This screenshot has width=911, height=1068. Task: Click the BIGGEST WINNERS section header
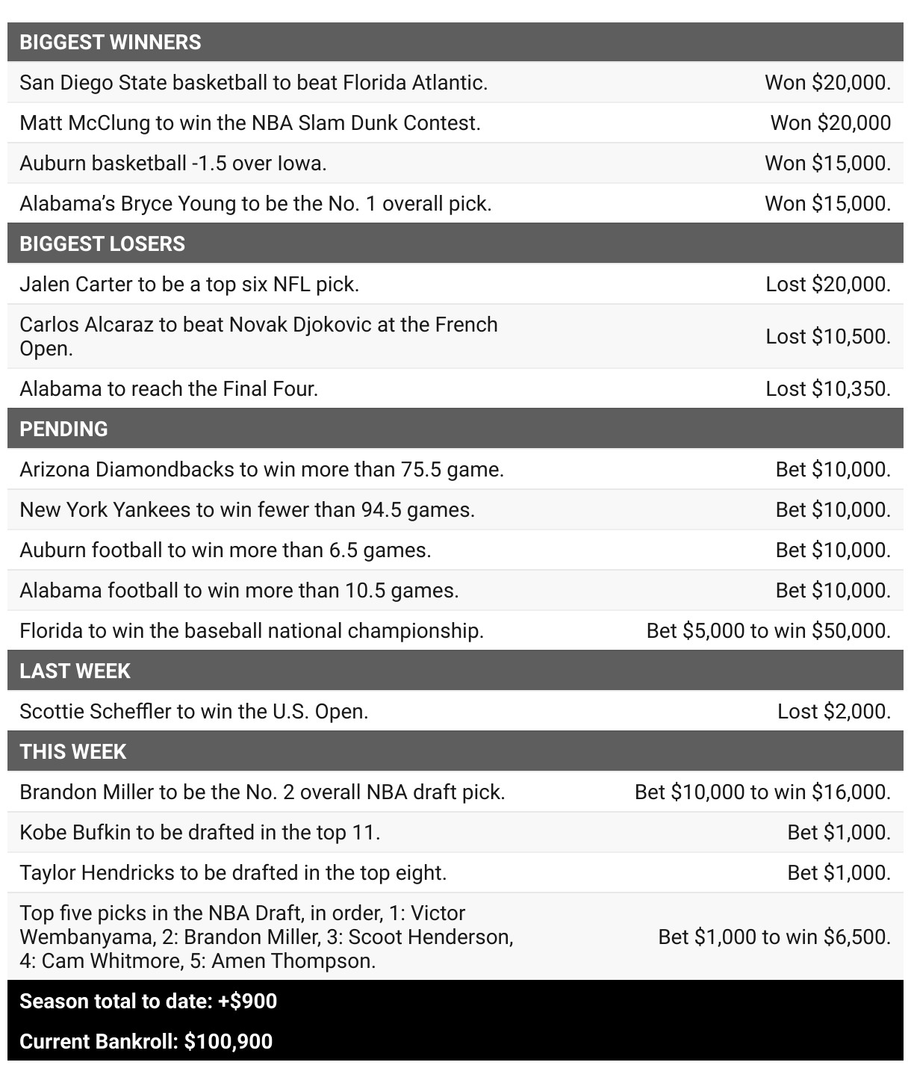click(111, 42)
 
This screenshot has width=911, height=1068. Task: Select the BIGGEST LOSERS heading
click(102, 243)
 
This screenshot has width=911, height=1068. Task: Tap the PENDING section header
click(63, 429)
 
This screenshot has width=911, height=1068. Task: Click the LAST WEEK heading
click(75, 671)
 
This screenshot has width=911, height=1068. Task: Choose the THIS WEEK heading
click(73, 751)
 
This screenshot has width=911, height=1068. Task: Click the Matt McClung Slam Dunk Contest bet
click(250, 122)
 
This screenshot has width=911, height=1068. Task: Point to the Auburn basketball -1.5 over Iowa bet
click(173, 163)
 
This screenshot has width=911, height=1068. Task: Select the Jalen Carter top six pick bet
click(189, 284)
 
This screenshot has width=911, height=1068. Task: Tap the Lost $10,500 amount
click(827, 336)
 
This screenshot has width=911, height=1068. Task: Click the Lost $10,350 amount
click(827, 388)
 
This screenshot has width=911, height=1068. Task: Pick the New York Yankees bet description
click(247, 509)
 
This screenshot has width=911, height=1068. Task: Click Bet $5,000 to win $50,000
click(768, 630)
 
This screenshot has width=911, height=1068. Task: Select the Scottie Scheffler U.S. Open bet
click(194, 711)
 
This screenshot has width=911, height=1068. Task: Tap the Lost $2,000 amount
click(833, 711)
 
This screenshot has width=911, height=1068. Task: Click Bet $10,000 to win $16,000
click(762, 792)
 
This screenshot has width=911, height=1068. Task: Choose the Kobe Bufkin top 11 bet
click(200, 832)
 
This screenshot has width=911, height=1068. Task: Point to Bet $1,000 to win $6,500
click(774, 937)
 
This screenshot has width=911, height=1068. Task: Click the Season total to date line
click(148, 1001)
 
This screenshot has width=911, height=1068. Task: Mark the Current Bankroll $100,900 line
click(146, 1041)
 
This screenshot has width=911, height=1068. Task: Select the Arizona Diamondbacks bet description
click(261, 469)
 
